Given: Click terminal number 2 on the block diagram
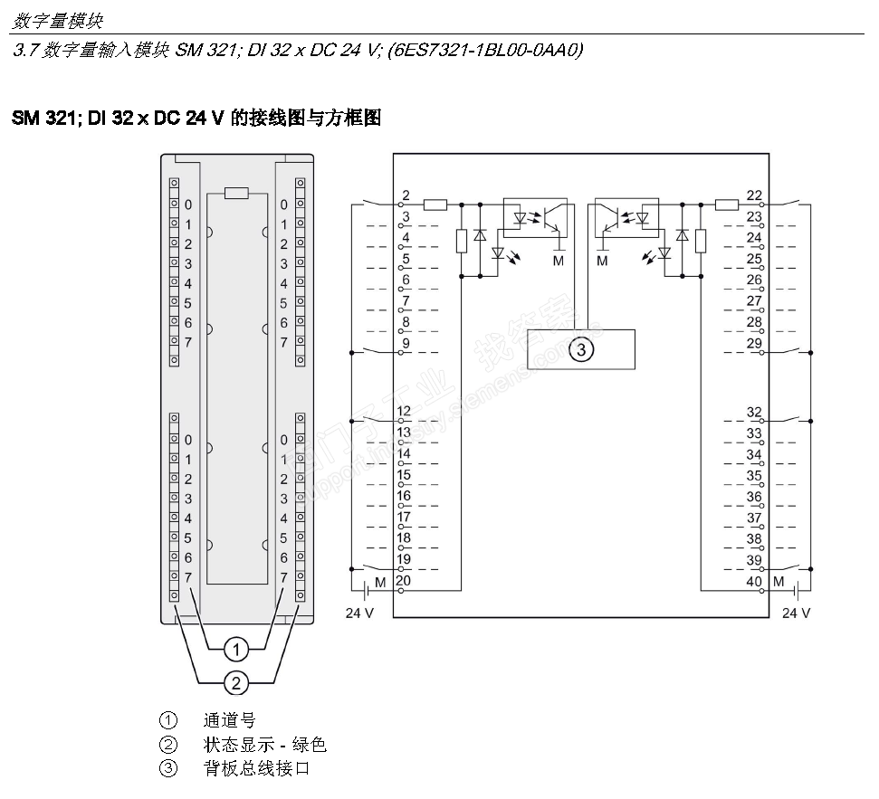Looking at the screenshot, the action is point(406,195).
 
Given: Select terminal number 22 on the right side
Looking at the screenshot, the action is point(754,195).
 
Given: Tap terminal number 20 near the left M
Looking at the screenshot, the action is point(404,581).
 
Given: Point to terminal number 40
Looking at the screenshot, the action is point(754,582).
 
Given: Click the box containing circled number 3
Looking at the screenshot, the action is point(581,349).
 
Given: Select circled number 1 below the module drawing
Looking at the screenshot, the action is point(236,650).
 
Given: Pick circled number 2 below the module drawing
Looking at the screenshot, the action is point(236,683).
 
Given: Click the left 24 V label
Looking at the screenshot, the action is point(359,613).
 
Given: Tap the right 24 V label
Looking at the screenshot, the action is point(796,613).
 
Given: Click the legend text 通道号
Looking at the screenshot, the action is point(229,720).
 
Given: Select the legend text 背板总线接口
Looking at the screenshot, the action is point(256,768).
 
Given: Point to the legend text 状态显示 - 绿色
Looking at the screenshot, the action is point(264,745).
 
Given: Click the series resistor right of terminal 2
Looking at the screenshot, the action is point(435,205).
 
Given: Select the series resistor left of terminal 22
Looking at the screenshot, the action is point(727,205).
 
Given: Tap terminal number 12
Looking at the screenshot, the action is point(404,411).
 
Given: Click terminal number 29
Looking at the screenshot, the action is point(754,343).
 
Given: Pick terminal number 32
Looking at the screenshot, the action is point(754,413).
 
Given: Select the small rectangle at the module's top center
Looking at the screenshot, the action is point(236,194).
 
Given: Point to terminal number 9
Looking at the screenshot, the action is point(406,343).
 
